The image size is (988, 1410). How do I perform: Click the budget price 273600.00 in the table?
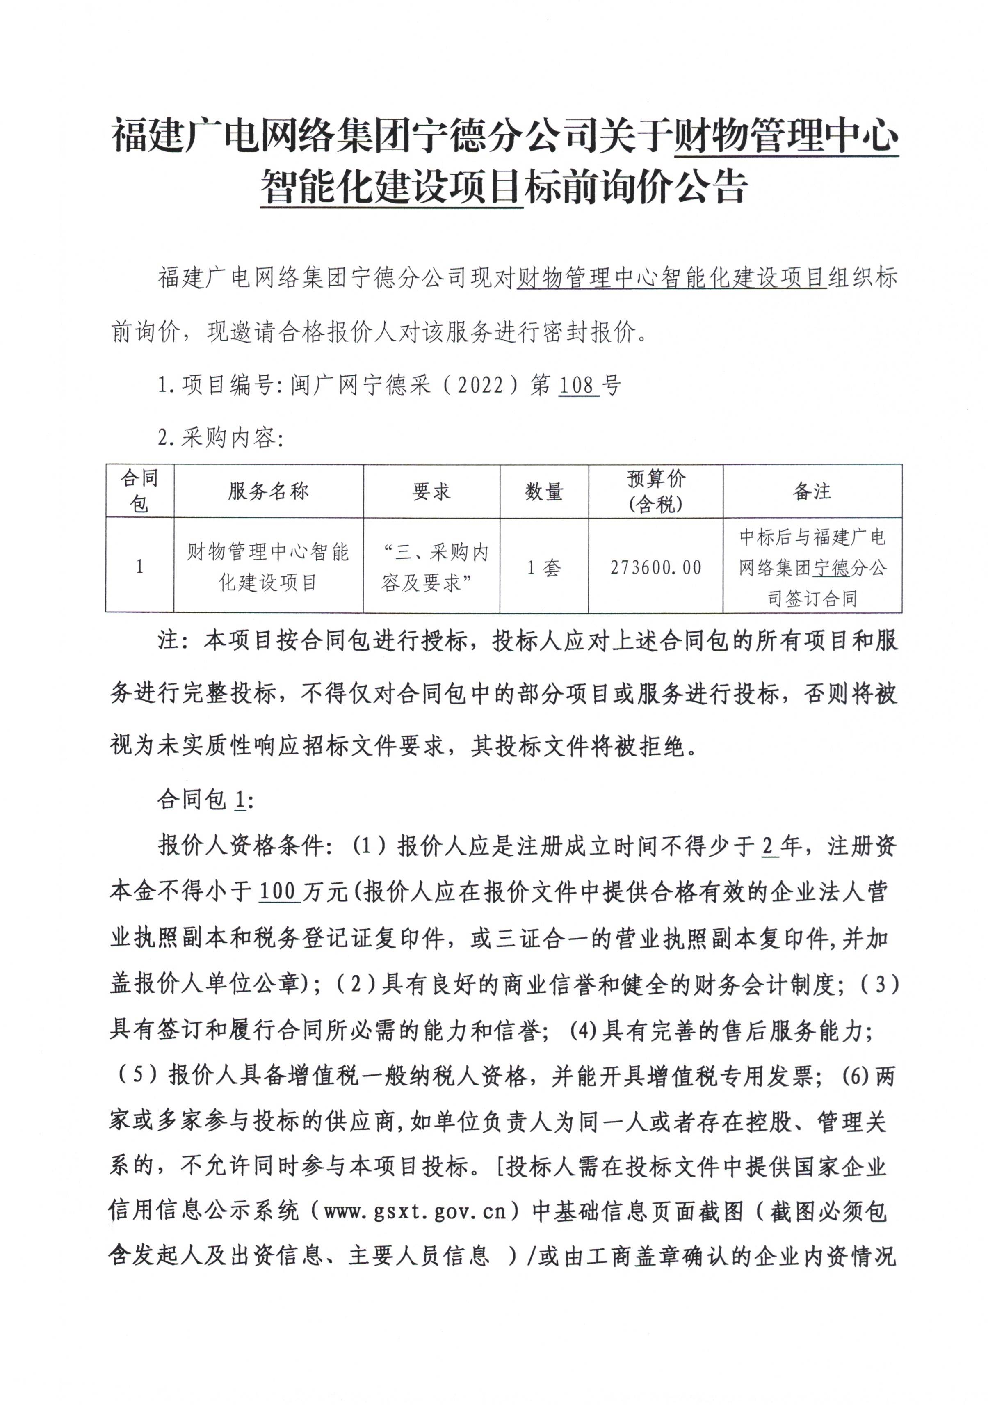(655, 567)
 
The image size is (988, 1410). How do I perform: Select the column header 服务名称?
(268, 491)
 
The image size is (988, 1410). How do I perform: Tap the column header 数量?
(543, 491)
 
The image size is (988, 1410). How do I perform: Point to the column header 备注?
(811, 491)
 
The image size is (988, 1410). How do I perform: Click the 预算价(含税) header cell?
(655, 491)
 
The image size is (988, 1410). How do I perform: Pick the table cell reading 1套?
(543, 567)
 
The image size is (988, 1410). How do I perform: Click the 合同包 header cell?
(139, 491)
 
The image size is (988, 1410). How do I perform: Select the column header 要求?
(431, 491)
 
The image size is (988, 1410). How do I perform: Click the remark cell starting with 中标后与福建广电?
(812, 567)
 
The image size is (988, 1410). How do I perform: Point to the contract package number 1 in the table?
(139, 566)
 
